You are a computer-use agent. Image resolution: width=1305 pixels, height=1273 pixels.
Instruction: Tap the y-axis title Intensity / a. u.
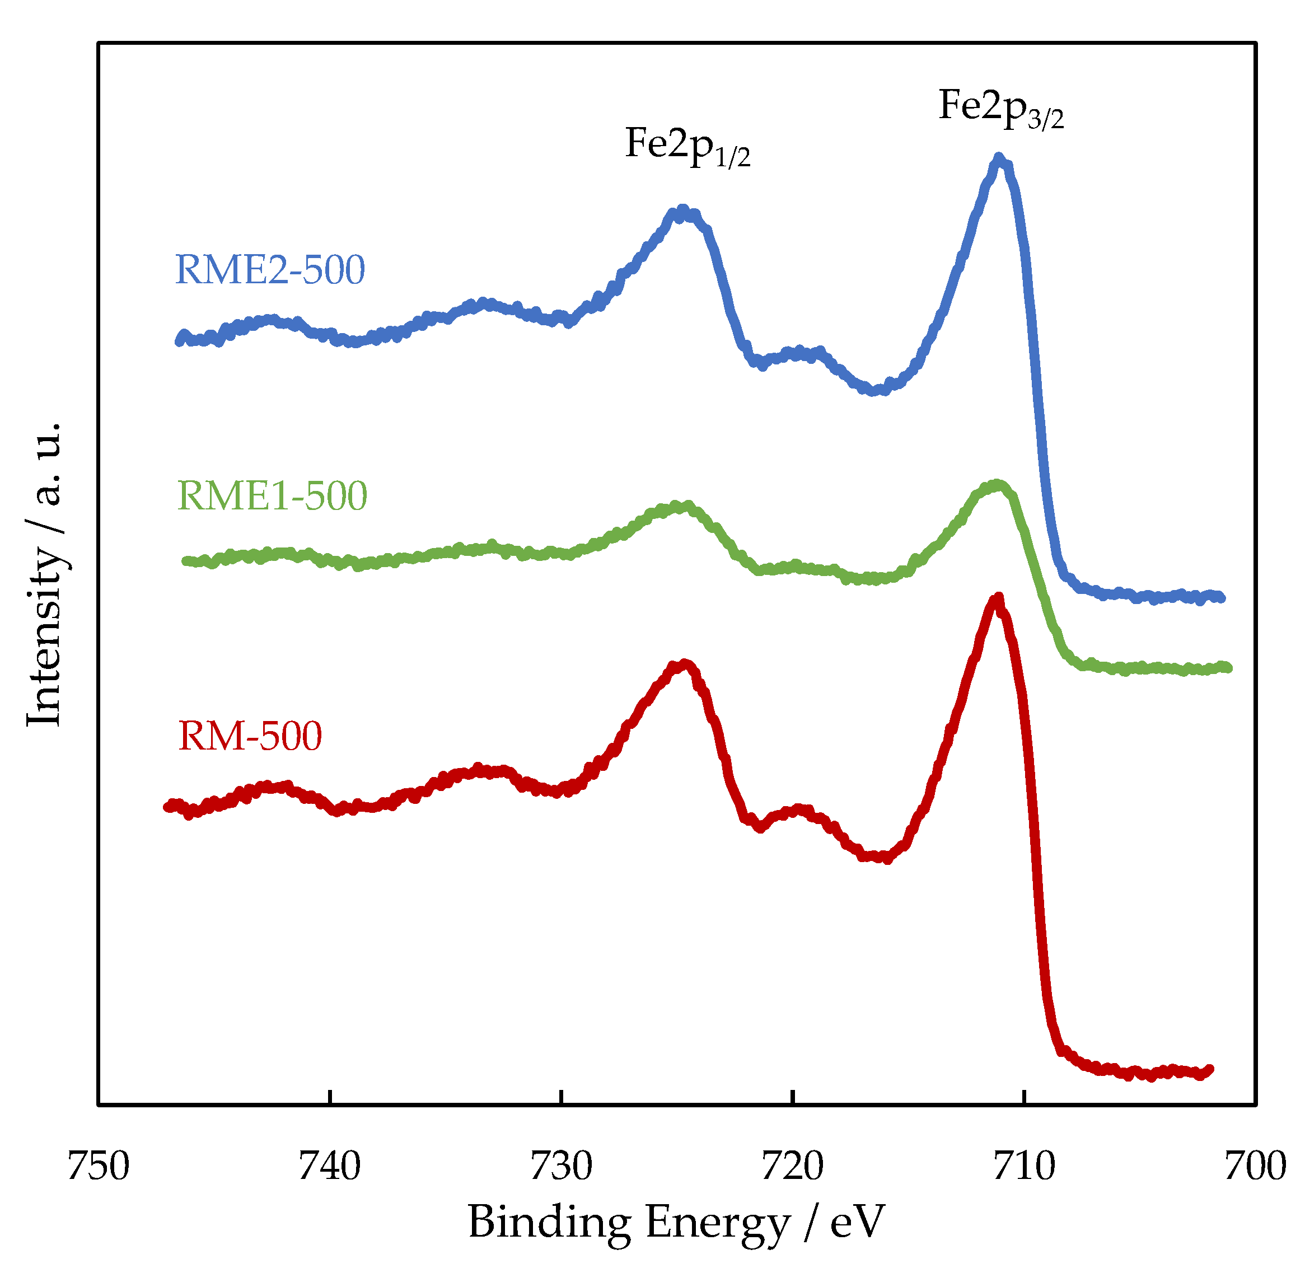pyautogui.click(x=45, y=574)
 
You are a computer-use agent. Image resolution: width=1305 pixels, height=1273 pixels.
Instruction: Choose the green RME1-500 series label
pyautogui.click(x=272, y=496)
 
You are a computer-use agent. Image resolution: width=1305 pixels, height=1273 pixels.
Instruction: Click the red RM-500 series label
pyautogui.click(x=250, y=736)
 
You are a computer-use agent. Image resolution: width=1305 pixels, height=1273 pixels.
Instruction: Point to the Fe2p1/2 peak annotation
pyautogui.click(x=687, y=146)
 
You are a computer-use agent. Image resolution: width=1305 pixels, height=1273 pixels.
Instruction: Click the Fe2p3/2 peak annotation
pyautogui.click(x=1001, y=107)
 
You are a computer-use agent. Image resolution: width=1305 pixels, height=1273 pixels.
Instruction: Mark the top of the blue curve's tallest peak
pyautogui.click(x=999, y=158)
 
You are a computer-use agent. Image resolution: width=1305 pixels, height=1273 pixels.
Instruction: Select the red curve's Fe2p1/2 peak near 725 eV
pyautogui.click(x=683, y=664)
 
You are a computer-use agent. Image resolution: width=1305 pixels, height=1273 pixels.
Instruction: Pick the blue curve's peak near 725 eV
pyautogui.click(x=682, y=210)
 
